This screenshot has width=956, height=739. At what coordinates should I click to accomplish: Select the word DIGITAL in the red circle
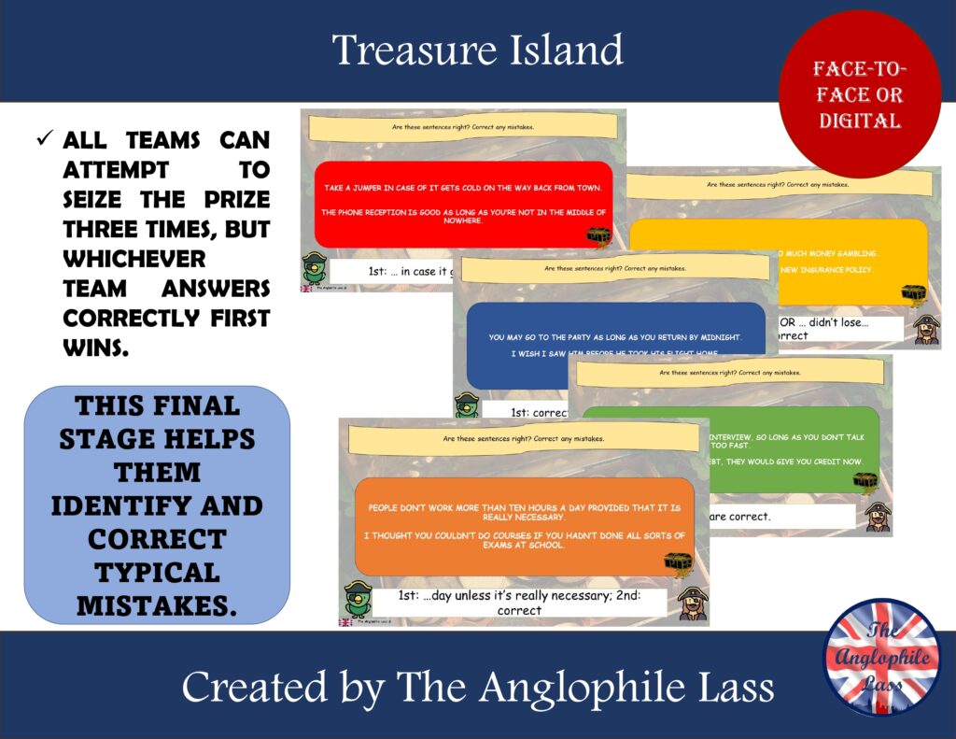point(859,121)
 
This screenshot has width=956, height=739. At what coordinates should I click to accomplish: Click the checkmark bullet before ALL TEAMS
point(43,140)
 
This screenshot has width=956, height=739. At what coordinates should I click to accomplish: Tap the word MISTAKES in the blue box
point(156,604)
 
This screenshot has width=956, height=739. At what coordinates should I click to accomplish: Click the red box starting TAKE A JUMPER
point(463,204)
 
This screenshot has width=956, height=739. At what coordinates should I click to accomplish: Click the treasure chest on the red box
point(597,235)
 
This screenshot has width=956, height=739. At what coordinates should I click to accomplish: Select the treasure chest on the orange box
point(678,563)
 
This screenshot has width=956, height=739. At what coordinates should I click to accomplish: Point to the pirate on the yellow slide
point(925,329)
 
